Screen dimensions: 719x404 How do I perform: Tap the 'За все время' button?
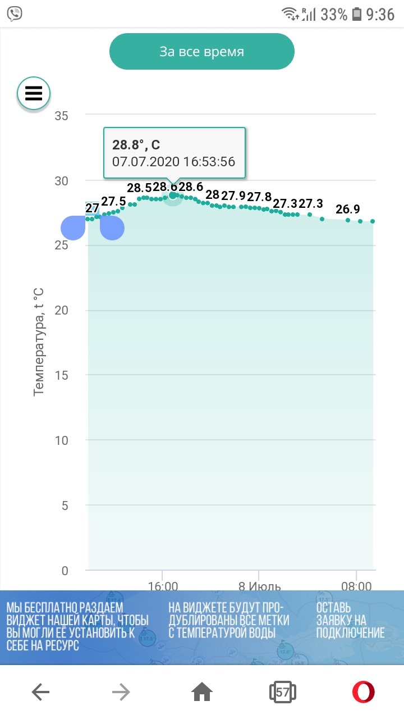pyautogui.click(x=202, y=52)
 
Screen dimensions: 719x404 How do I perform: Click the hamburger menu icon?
pyautogui.click(x=34, y=93)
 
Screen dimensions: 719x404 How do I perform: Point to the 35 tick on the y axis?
pyautogui.click(x=61, y=116)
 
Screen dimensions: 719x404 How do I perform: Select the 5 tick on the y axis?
pyautogui.click(x=64, y=506)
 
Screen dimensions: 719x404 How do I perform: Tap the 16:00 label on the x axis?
pyautogui.click(x=163, y=586)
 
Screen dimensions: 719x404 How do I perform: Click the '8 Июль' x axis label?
pyautogui.click(x=259, y=586)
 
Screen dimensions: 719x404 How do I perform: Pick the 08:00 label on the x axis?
pyautogui.click(x=356, y=586)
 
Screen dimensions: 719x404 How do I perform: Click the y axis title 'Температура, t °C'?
pyautogui.click(x=39, y=342)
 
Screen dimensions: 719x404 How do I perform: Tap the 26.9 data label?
pyautogui.click(x=348, y=210)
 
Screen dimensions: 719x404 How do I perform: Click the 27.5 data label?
pyautogui.click(x=113, y=202)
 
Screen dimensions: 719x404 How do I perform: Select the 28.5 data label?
pyautogui.click(x=139, y=188)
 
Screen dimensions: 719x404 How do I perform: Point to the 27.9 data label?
pyautogui.click(x=233, y=195)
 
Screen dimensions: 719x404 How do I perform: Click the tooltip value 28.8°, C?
pyautogui.click(x=136, y=145)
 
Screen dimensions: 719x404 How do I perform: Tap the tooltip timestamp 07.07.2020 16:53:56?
pyautogui.click(x=173, y=162)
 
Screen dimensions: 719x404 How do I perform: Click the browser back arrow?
pyautogui.click(x=40, y=693)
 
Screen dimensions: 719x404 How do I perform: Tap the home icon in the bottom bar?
pyautogui.click(x=202, y=693)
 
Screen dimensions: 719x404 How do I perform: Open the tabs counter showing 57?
pyautogui.click(x=282, y=693)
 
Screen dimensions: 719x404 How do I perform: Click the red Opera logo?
pyautogui.click(x=363, y=693)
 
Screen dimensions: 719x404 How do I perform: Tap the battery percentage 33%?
pyautogui.click(x=334, y=15)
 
